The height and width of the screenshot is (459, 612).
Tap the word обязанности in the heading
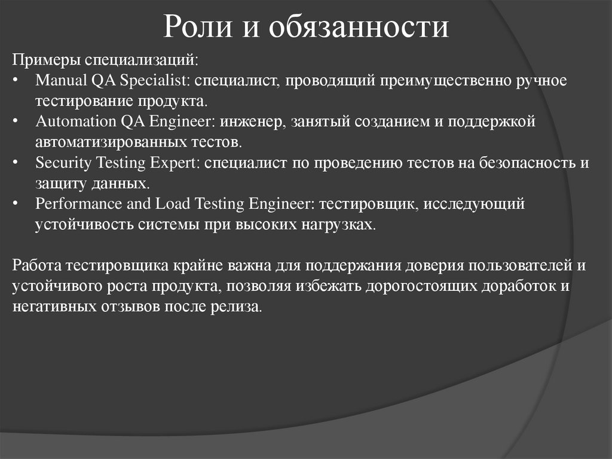358,28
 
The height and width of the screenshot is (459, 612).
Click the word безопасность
528,163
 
